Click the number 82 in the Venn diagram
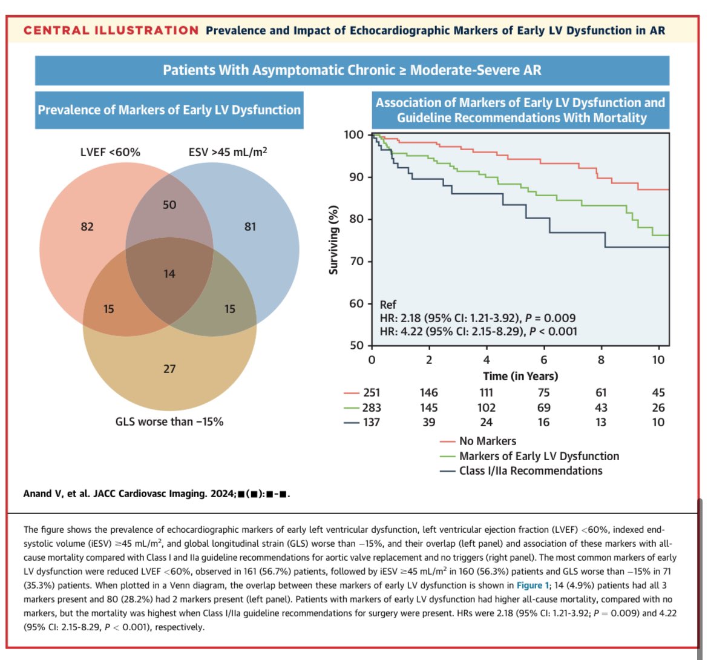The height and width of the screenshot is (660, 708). (87, 226)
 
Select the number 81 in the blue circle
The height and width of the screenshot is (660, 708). (250, 226)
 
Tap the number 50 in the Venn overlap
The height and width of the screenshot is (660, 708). (169, 205)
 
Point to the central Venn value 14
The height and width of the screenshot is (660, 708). (169, 274)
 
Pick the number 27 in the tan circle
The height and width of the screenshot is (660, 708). (169, 369)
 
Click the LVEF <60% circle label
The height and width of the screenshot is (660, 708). (110, 152)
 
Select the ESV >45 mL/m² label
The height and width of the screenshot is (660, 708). (228, 152)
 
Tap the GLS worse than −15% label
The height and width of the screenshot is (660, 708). (169, 421)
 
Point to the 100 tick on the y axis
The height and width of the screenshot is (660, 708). (353, 135)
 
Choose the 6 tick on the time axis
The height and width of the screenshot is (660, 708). (544, 360)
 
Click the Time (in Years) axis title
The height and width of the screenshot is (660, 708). (520, 376)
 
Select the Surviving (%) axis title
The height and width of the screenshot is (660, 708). (333, 240)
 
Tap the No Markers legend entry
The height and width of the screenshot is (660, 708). (488, 441)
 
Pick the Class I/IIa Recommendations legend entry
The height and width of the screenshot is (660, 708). (531, 470)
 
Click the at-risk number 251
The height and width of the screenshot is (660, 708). (372, 393)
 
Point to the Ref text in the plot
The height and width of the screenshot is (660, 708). (388, 305)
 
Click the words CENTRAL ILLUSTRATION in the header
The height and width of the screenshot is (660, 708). (111, 30)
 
